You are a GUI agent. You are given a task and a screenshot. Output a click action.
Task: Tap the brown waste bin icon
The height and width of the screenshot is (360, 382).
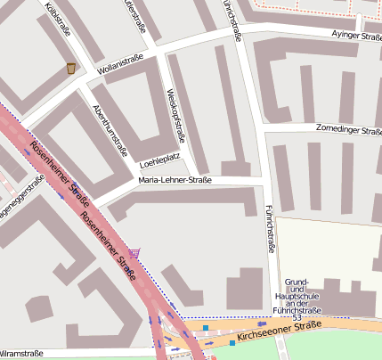71,69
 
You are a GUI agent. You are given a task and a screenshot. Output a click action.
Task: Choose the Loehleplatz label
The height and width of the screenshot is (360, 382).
160,163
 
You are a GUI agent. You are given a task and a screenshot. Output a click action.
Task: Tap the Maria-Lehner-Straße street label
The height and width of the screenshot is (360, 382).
175,181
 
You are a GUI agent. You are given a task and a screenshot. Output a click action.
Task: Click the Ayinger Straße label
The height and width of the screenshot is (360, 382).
355,33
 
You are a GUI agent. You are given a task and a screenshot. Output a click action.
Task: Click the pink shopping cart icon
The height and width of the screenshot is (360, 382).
134,253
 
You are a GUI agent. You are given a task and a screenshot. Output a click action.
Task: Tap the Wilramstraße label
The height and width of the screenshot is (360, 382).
21,353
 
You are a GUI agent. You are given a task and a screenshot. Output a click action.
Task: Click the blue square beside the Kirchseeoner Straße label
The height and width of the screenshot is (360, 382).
232,342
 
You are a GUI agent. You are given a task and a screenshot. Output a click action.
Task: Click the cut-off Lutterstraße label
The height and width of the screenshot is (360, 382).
135,16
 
